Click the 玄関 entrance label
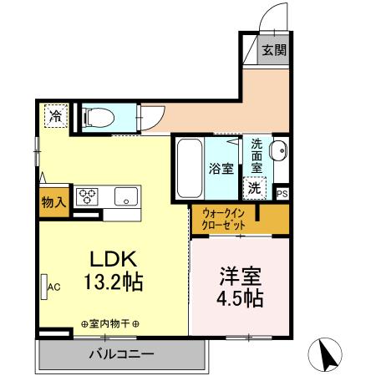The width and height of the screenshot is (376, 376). click(274, 49)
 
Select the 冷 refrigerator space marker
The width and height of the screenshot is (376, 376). click(54, 115)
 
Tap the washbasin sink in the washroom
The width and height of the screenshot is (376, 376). click(279, 151)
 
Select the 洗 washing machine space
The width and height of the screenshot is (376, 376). click(255, 189)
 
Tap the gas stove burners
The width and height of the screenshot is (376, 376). click(88, 197)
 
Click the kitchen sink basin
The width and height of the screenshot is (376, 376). click(124, 198)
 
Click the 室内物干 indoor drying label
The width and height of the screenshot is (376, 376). click(110, 324)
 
